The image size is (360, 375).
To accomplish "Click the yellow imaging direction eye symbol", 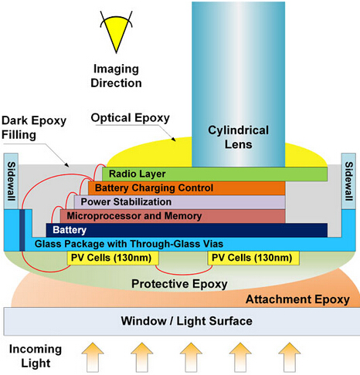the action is pos(117,32).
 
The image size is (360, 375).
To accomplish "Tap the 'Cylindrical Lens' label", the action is pos(238,137).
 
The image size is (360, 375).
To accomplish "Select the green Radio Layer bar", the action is pos(215,174).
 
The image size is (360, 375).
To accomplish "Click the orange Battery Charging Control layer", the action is pos(186,187).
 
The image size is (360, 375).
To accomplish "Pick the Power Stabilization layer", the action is pos(179,202).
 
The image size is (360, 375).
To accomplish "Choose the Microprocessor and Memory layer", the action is pos(172,216).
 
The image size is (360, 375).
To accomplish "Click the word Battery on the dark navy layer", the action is pos(70,230).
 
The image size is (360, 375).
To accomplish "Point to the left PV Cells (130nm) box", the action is pos(113,258).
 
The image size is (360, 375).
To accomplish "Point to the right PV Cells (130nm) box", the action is pos(253,258).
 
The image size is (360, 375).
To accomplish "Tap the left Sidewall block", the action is pos(11,181).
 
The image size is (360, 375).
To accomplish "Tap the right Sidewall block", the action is pos(348,181).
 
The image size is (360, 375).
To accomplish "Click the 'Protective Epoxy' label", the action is pos(179,284).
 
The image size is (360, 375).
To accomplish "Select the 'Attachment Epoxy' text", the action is pos(297,299).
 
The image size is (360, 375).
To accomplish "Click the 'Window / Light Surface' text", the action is pos(187,321).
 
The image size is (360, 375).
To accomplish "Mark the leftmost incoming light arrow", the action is pos(93,357).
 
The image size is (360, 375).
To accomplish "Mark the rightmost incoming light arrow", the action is pos(290,357).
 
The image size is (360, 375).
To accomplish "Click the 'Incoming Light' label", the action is pos(36,356).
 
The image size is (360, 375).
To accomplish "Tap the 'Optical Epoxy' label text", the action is pos(130,118).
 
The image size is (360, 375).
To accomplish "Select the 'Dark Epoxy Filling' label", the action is pos(34,127).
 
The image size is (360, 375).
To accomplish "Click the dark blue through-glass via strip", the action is pos(22,230).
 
